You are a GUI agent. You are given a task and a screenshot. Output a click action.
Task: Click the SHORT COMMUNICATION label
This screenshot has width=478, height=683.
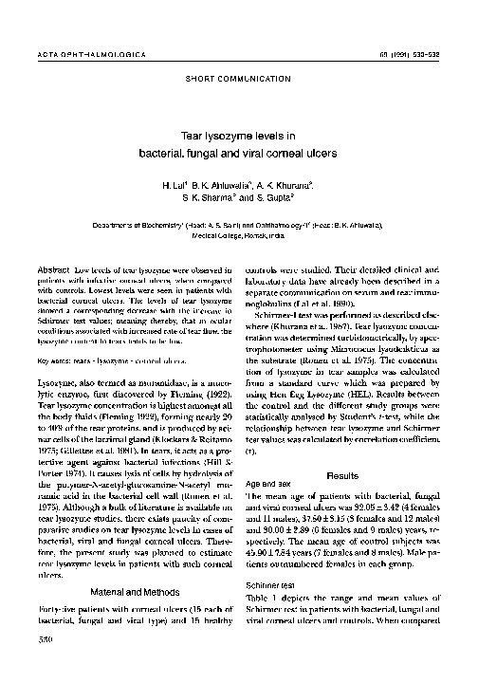click(238, 73)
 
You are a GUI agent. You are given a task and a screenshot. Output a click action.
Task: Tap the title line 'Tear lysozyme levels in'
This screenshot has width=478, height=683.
click(238, 136)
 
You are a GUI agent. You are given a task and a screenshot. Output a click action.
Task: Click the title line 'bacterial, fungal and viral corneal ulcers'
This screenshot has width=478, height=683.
click(238, 153)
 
